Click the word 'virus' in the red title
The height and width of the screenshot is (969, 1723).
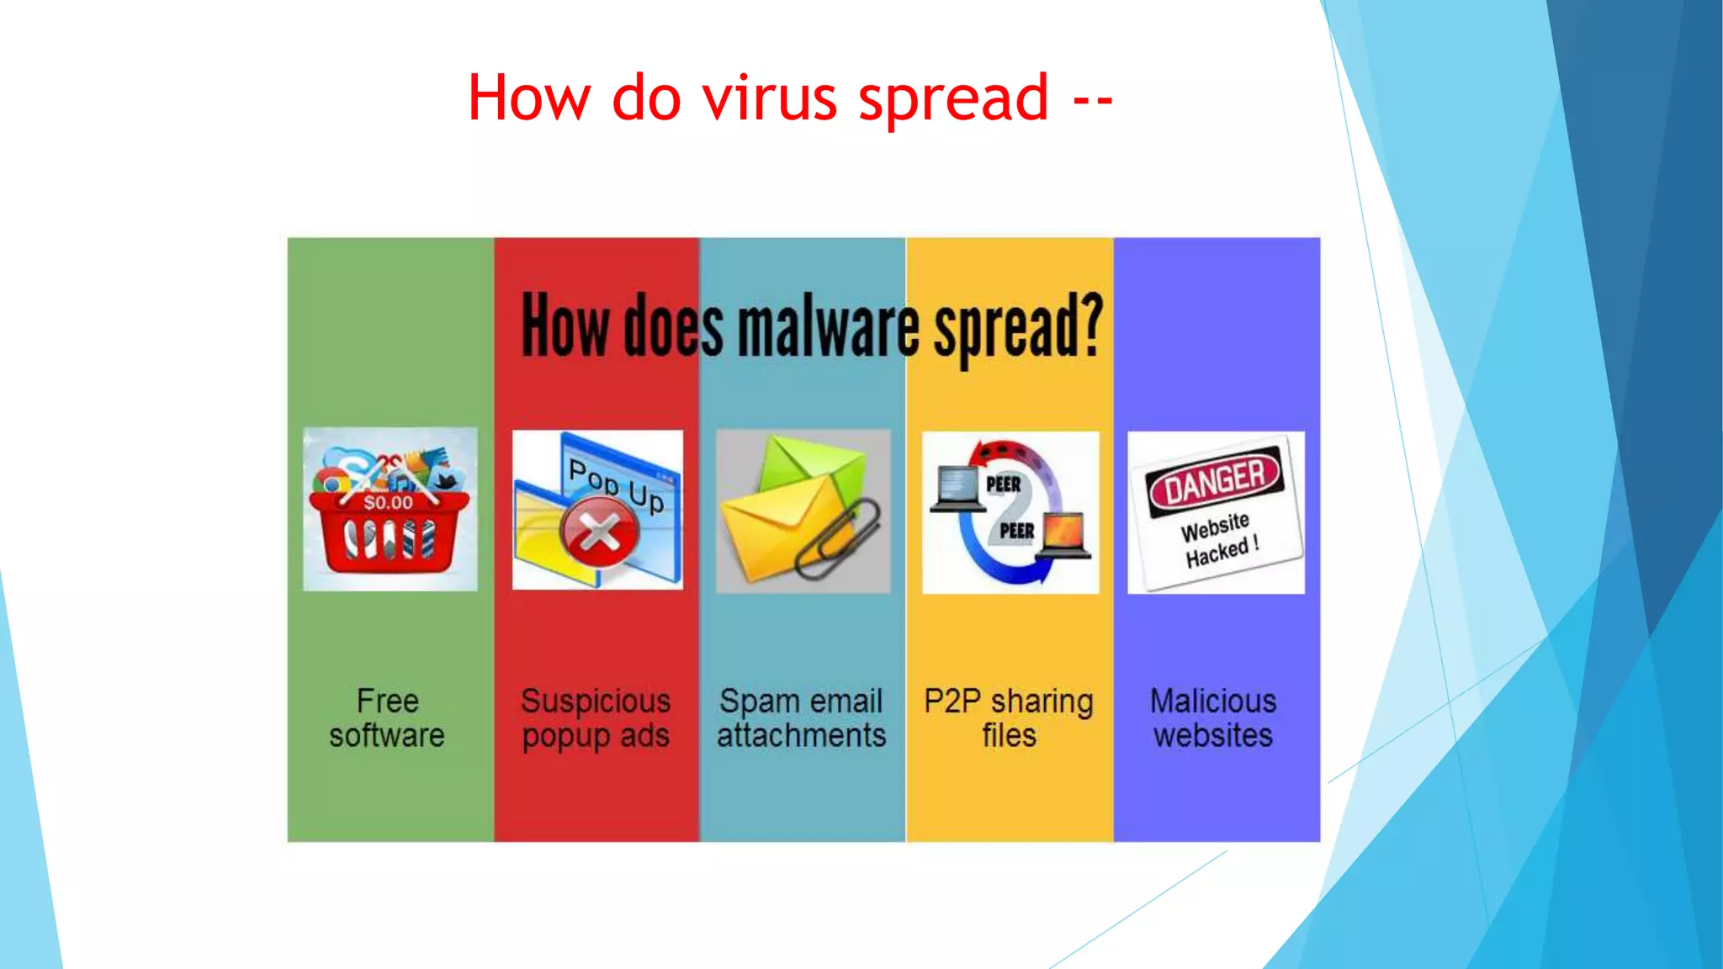(x=770, y=98)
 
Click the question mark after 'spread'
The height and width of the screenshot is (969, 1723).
(x=1092, y=324)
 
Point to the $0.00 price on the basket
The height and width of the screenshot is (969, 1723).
(x=388, y=503)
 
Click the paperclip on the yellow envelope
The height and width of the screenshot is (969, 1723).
(x=839, y=538)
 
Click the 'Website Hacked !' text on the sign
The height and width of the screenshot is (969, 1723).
(x=1220, y=540)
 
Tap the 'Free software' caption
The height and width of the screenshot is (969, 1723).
(x=387, y=718)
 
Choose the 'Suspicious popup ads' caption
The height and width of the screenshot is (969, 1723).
(x=596, y=718)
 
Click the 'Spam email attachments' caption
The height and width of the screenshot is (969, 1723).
(x=802, y=718)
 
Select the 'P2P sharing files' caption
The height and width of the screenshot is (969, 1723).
(x=1009, y=718)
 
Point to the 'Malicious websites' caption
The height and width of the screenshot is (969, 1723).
(x=1213, y=718)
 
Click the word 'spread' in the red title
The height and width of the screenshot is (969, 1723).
(x=953, y=98)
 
